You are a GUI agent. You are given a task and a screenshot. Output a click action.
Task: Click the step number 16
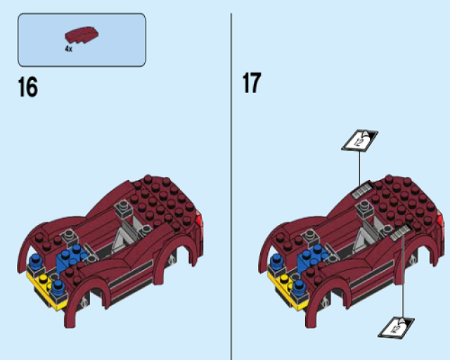tap(28, 86)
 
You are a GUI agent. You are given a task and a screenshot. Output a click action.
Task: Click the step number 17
tap(252, 82)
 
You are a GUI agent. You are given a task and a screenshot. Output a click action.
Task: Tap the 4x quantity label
tap(68, 49)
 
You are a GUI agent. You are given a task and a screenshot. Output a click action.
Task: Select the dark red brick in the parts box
tap(82, 35)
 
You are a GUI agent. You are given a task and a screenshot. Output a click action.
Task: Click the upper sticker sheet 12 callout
tap(359, 141)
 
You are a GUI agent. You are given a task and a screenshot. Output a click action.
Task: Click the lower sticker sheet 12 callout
tap(396, 328)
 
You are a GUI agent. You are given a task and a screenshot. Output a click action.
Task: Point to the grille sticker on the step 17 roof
tap(362, 191)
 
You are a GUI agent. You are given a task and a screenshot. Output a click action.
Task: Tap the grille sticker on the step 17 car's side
tap(400, 232)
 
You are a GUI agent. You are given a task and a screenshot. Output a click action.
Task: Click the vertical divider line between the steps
tap(231, 186)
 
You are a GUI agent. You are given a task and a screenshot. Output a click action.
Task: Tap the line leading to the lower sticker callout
tap(403, 276)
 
